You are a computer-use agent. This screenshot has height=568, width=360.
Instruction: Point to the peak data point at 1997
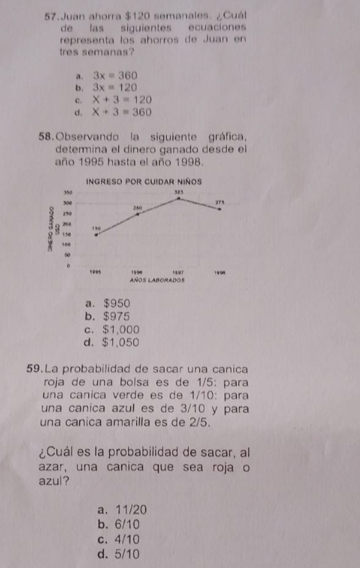pos(179,198)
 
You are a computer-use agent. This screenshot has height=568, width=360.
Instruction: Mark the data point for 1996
pos(138,213)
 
